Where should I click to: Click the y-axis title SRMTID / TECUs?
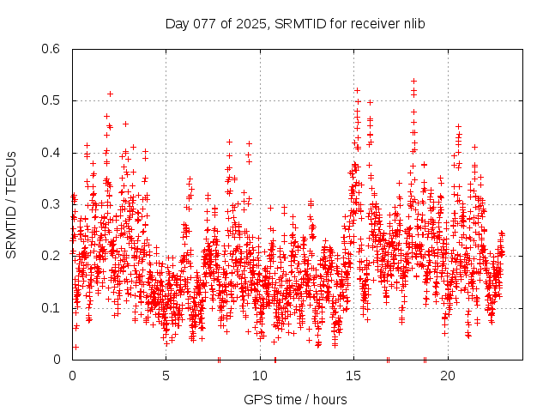click(11, 204)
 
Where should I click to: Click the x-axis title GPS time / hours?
click(295, 399)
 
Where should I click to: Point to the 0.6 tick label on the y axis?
click(52, 49)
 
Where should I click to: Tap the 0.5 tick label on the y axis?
click(52, 100)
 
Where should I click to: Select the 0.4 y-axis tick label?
click(52, 153)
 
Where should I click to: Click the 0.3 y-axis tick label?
click(52, 204)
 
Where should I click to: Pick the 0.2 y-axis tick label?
click(52, 256)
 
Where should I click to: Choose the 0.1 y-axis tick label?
click(52, 308)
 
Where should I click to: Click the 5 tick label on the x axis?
click(166, 375)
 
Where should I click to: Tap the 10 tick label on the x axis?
click(260, 375)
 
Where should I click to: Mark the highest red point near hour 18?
click(413, 82)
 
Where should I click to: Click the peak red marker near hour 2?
click(110, 94)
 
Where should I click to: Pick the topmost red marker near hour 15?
click(357, 90)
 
